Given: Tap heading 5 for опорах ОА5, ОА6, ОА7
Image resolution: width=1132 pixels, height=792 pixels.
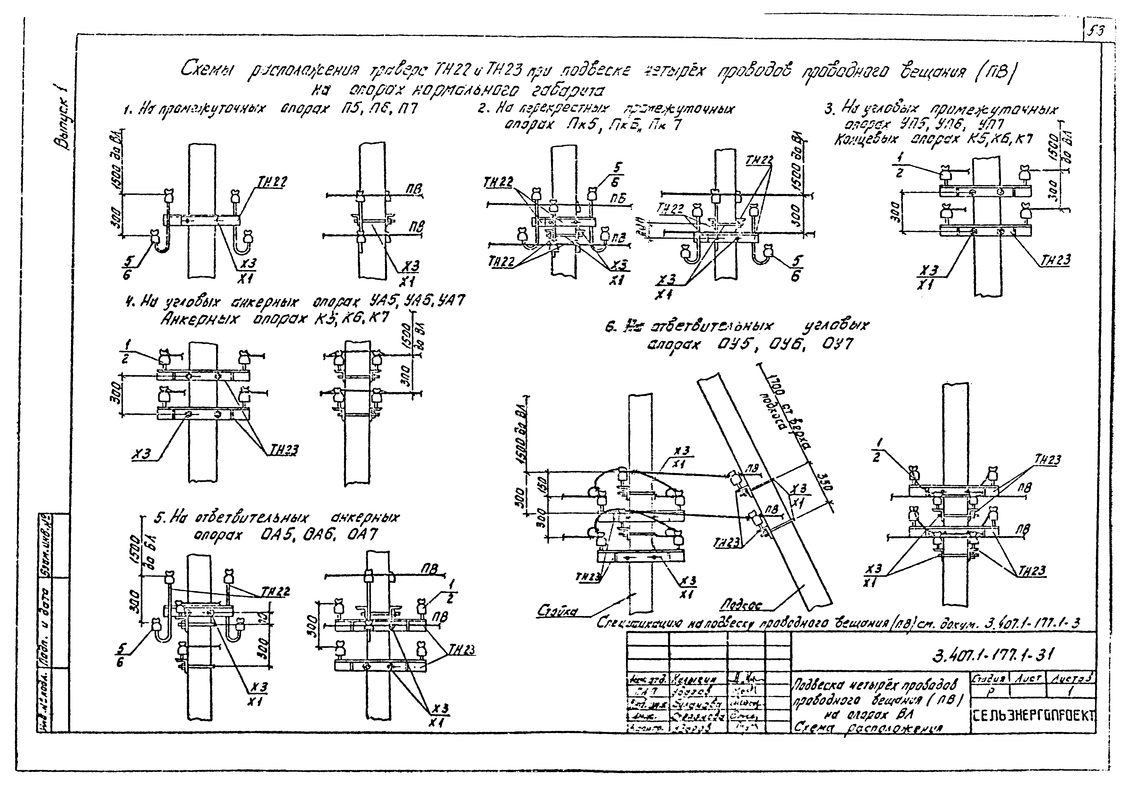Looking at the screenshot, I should coord(276,526).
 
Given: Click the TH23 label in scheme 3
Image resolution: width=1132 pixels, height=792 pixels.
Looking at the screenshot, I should coord(1055,260).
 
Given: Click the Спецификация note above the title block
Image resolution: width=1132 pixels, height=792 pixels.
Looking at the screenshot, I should coord(838,623).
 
